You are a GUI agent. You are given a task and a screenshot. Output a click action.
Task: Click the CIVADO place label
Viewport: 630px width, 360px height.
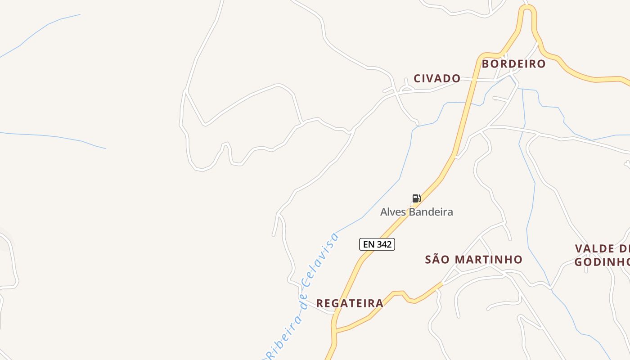pos(437,78)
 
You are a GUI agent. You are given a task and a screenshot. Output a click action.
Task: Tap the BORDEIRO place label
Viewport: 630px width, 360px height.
pos(513,64)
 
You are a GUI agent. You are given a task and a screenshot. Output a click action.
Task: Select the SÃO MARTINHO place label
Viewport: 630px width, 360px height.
pos(473,260)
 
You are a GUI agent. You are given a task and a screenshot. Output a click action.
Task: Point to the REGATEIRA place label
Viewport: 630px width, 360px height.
pos(350,303)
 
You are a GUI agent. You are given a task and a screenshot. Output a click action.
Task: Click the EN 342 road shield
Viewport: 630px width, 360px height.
pos(377,244)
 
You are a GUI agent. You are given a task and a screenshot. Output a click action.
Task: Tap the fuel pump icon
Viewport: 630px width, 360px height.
pos(416,198)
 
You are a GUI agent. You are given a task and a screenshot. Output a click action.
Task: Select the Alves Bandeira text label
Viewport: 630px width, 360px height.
pos(416,212)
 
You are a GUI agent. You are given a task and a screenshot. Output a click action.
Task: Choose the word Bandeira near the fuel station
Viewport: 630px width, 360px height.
pos(431,212)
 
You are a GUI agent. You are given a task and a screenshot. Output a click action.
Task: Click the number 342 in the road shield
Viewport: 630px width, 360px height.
pos(384,244)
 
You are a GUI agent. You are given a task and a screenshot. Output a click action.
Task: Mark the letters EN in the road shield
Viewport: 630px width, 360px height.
pos(369,244)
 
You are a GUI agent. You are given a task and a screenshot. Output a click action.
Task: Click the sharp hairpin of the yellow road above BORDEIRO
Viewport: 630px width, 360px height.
pos(528,8)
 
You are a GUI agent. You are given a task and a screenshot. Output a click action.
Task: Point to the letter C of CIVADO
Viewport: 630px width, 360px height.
pos(417,78)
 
